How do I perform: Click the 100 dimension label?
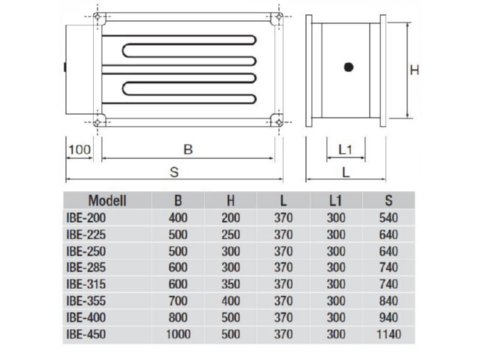coord(79,150)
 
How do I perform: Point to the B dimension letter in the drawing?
coord(188,150)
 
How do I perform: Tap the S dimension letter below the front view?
coord(174,172)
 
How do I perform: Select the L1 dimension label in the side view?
coord(345,150)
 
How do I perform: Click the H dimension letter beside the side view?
coord(414,70)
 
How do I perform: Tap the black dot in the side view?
coord(349,67)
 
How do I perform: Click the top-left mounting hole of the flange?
coord(97,16)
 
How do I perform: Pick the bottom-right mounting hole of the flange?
coord(278,122)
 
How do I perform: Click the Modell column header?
coord(107,201)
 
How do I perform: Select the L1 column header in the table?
coord(335,201)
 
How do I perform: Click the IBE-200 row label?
coord(86,218)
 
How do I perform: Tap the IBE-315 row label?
coord(86,284)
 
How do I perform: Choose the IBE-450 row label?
coord(86,334)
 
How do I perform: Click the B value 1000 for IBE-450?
coord(178,334)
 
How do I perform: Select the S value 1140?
coord(388,334)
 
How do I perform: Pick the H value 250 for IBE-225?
coord(231,235)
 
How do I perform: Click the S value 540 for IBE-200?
coord(388,218)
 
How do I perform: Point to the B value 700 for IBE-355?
coord(178,301)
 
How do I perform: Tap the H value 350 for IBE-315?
coord(231,284)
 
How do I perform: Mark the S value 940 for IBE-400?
coord(388,317)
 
